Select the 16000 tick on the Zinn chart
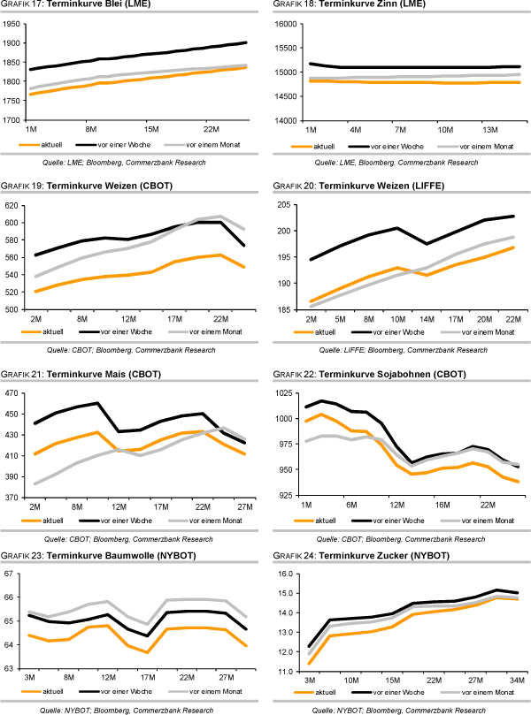[289, 24]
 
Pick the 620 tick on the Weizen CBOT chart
[12, 205]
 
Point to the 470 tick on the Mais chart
[12, 393]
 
